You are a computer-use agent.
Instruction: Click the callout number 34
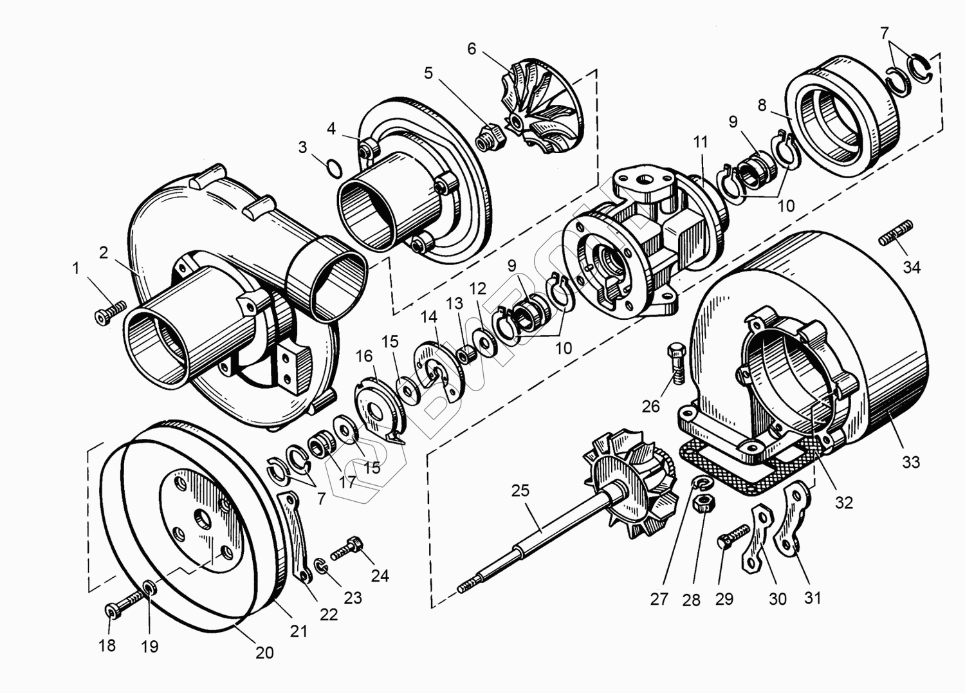[912, 266]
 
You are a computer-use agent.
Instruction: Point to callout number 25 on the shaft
[520, 490]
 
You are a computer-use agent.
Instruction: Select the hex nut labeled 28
[703, 503]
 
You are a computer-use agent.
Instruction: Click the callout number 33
[911, 462]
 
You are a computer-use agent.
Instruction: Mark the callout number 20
[264, 652]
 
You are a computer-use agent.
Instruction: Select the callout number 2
[104, 252]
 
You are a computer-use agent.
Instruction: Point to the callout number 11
[701, 142]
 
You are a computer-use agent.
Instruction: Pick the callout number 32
[843, 502]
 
